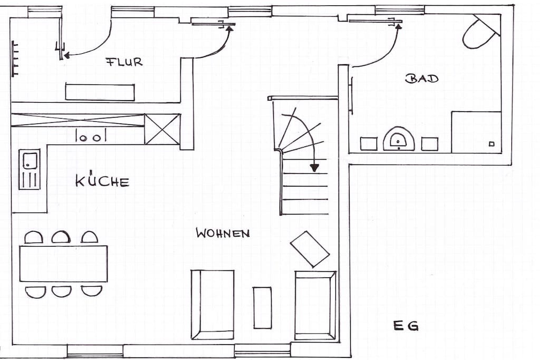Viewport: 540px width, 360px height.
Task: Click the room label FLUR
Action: coord(124,62)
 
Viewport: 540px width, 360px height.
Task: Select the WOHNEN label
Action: coord(223,233)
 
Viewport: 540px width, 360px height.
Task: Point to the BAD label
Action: coord(422,79)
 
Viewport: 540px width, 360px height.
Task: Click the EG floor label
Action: coord(406,325)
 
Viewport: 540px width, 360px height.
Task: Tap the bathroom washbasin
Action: coord(399,139)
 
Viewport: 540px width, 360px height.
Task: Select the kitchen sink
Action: coord(30,169)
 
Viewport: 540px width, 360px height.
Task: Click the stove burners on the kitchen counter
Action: coord(91,135)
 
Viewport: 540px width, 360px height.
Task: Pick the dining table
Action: coord(63,264)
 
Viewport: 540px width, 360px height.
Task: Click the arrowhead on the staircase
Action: coord(314,168)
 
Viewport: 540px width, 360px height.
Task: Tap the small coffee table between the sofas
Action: coord(262,308)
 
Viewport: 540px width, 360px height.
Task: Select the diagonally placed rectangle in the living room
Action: coord(310,249)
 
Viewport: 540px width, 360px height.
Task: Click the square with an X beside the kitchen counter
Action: coord(162,129)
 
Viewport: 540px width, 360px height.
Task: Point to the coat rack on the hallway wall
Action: coord(14,59)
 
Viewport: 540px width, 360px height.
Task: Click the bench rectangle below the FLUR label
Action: coord(100,92)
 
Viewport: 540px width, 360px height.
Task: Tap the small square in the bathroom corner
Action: coord(492,144)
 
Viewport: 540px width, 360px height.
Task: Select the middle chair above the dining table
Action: coord(61,237)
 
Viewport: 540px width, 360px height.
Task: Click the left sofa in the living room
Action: coord(213,305)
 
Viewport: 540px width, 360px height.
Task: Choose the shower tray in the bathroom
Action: coord(476,132)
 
